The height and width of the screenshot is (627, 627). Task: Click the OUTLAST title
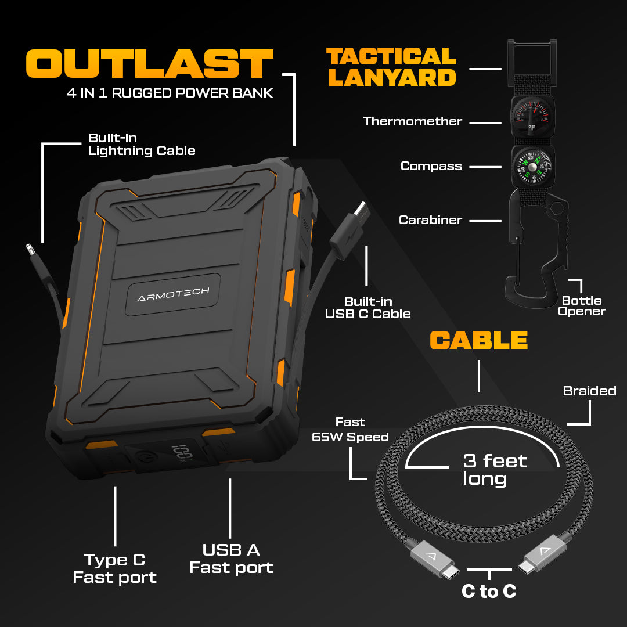click(149, 63)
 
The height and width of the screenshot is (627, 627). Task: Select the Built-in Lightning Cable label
click(142, 145)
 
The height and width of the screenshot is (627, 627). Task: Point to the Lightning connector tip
click(29, 250)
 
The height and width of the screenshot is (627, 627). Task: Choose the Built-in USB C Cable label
click(367, 308)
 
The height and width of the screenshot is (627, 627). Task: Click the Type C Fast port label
click(114, 568)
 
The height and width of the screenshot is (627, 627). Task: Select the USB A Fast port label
click(231, 558)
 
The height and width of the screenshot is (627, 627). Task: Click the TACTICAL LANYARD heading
click(391, 67)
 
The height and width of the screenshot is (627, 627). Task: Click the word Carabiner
click(430, 220)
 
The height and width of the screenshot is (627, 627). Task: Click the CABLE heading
click(478, 340)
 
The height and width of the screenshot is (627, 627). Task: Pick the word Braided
click(589, 391)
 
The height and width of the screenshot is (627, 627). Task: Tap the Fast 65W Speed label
click(350, 430)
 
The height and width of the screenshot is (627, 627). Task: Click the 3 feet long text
click(495, 470)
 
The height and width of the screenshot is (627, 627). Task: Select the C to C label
click(489, 591)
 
